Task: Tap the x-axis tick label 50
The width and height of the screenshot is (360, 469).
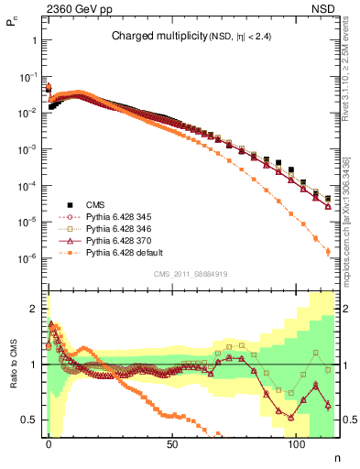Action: tap(172, 443)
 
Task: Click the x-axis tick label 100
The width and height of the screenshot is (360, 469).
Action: tap(296, 443)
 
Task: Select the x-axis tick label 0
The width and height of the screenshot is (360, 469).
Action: tap(49, 443)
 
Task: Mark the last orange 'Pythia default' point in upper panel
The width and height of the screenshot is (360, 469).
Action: tap(328, 252)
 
